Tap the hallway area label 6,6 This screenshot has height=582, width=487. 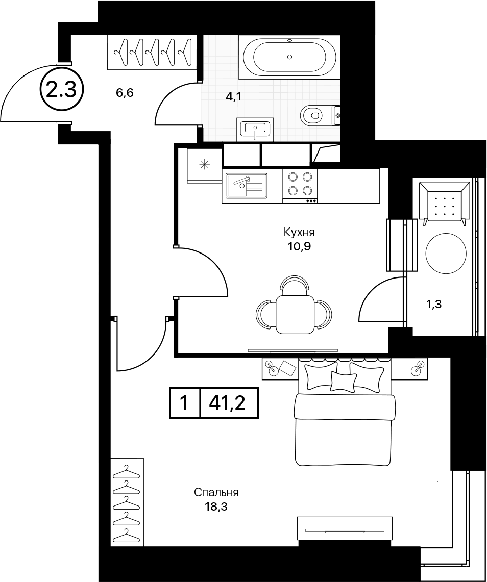pyautogui.click(x=125, y=93)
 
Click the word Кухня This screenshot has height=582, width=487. pyautogui.click(x=299, y=233)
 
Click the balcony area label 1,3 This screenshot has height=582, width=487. pyautogui.click(x=433, y=305)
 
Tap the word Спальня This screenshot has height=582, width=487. pyautogui.click(x=216, y=493)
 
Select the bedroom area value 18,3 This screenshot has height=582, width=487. pyautogui.click(x=215, y=507)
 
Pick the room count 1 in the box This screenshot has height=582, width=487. pyautogui.click(x=184, y=403)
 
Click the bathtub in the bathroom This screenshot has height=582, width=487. pyautogui.click(x=289, y=57)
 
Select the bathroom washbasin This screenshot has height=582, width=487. pyautogui.click(x=255, y=129)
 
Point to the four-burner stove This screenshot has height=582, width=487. pyautogui.click(x=300, y=186)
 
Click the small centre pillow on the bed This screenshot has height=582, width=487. pyautogui.click(x=343, y=381)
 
